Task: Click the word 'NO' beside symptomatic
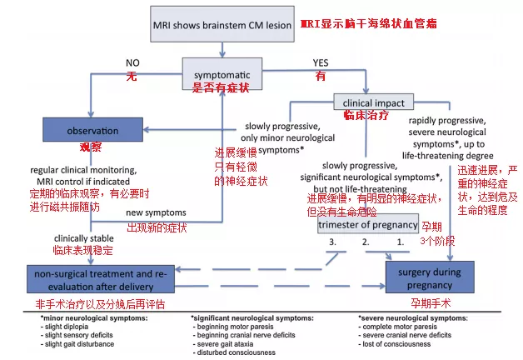132,62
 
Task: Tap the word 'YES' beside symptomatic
320,62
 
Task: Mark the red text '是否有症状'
222,87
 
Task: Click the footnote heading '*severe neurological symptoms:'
412,317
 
